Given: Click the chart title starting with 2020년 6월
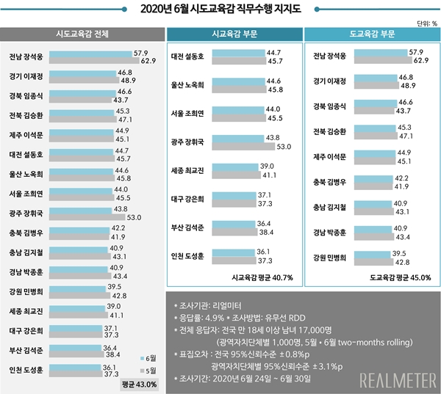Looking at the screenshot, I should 220,10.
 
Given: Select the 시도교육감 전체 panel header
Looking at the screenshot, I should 82,34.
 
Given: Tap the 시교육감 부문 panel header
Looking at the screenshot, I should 232,34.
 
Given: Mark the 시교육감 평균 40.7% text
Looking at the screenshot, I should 262,277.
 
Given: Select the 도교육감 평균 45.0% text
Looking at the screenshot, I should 400,277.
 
